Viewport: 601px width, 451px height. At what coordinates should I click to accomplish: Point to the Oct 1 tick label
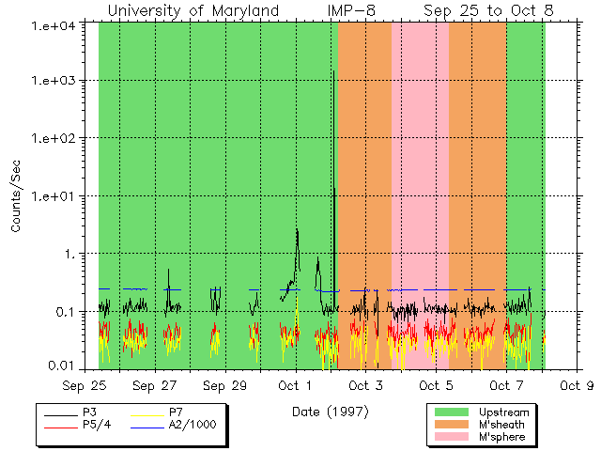point(295,385)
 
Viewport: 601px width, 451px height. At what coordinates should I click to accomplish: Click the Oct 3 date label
point(365,385)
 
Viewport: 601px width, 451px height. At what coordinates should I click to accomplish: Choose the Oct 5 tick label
point(436,385)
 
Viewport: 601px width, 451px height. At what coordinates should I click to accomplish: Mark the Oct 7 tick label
point(506,385)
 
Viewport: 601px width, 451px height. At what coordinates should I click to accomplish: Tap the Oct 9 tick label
point(576,385)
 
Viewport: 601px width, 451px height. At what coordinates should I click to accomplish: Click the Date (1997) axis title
point(331,411)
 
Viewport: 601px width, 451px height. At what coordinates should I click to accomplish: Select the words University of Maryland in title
point(193,10)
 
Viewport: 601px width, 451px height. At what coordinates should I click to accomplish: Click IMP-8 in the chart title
point(352,10)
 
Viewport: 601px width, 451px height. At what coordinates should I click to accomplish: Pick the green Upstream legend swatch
point(452,412)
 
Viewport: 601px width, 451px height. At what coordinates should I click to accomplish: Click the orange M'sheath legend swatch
point(452,425)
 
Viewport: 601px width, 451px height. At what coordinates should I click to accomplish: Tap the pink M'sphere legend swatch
point(452,437)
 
